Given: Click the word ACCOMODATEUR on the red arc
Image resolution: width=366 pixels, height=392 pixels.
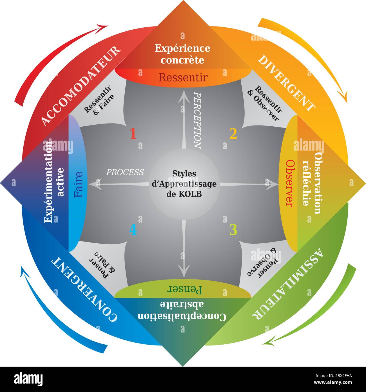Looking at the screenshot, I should (81, 85).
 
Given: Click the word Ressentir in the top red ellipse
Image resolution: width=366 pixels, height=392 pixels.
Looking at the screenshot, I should (183, 77).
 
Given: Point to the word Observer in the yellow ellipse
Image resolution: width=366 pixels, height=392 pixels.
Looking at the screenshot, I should (290, 183).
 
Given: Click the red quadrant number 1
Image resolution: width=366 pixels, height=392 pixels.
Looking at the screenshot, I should (133, 134).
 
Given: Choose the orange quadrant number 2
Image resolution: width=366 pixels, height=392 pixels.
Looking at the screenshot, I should (233, 134).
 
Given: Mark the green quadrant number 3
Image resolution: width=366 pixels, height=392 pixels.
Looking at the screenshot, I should (233, 230).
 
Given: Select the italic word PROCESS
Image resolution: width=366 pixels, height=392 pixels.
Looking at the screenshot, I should (125, 172).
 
